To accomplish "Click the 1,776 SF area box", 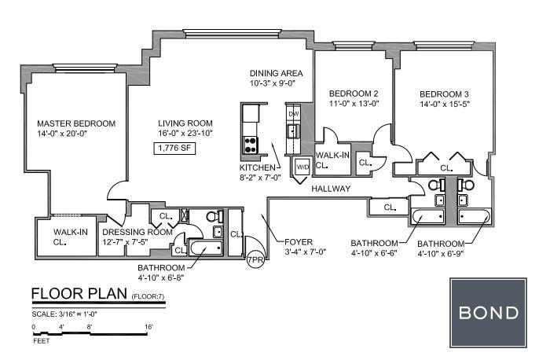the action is (x=174, y=149).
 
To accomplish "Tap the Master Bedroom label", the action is (x=76, y=123).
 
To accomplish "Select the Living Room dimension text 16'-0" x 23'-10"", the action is (x=185, y=134).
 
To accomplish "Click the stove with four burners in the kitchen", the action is (x=250, y=145).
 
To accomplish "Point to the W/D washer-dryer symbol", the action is (x=302, y=167).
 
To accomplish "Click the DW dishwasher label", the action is (x=294, y=114).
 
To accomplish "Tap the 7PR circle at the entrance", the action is (x=255, y=260).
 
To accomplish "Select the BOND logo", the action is (x=488, y=313).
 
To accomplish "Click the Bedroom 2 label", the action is (x=354, y=94).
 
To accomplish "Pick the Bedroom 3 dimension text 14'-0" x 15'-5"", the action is (x=445, y=105).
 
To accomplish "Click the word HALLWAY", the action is (x=331, y=189).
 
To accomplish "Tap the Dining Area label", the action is (x=276, y=73).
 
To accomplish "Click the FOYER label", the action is (x=299, y=242).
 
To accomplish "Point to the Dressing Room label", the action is (x=137, y=232).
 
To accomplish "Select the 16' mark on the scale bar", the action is (x=148, y=327).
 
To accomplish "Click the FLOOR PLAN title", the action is (x=79, y=294).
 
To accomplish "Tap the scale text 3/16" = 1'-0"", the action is (x=64, y=314).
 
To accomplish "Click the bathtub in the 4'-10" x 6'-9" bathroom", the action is (x=475, y=217).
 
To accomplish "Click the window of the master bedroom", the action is (x=85, y=68).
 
